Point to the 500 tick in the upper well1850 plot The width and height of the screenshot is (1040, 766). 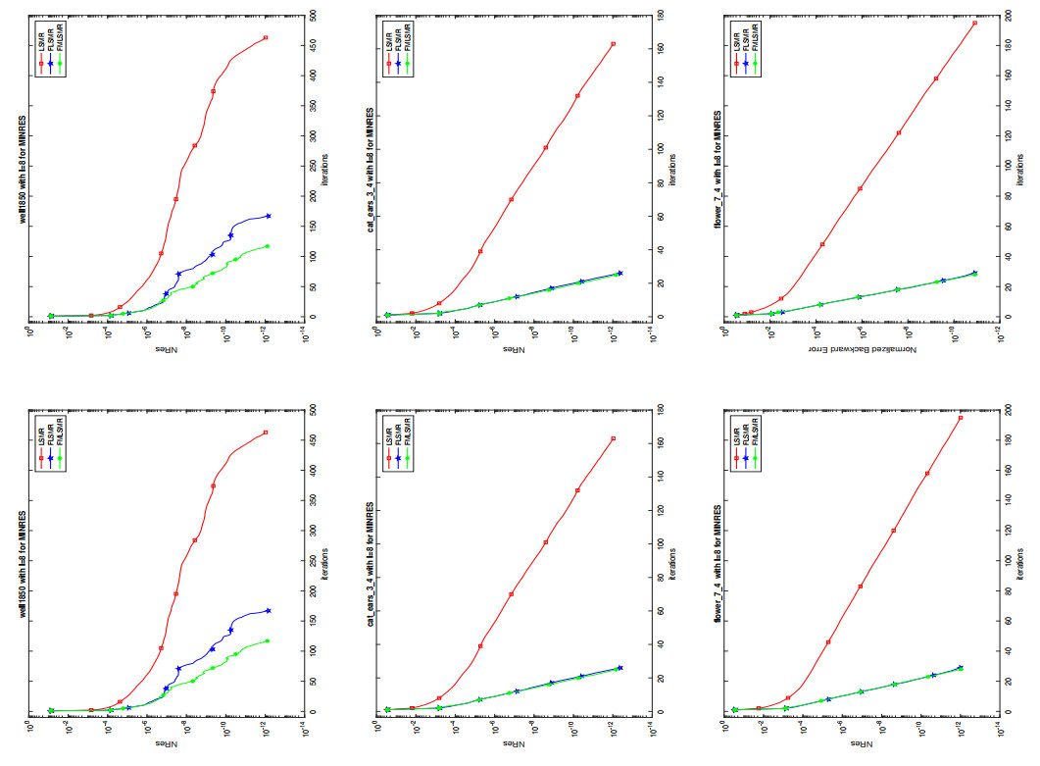tap(311, 17)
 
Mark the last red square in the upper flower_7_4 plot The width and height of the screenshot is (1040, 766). tap(975, 23)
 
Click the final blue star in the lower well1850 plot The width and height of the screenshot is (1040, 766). tap(268, 611)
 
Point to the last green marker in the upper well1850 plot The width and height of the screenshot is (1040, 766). tap(267, 246)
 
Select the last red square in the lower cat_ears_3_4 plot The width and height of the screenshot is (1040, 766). tap(613, 438)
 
